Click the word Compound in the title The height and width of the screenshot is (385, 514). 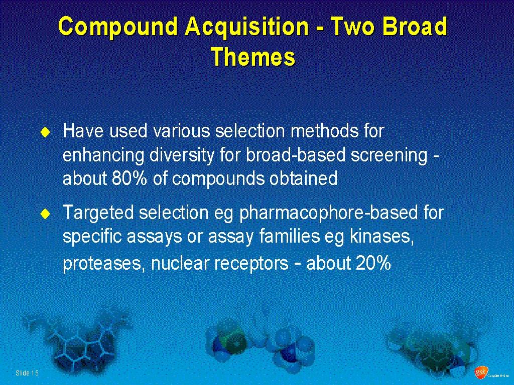118,27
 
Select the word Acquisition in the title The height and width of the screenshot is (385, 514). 246,27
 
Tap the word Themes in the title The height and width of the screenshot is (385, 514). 253,57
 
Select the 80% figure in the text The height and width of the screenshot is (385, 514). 130,178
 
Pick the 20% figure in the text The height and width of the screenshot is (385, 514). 373,263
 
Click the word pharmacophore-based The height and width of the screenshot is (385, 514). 329,213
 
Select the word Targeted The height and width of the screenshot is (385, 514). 98,213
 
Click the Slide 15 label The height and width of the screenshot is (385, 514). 27,373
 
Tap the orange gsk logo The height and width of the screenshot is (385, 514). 481,372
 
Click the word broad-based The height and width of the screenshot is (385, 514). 296,155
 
